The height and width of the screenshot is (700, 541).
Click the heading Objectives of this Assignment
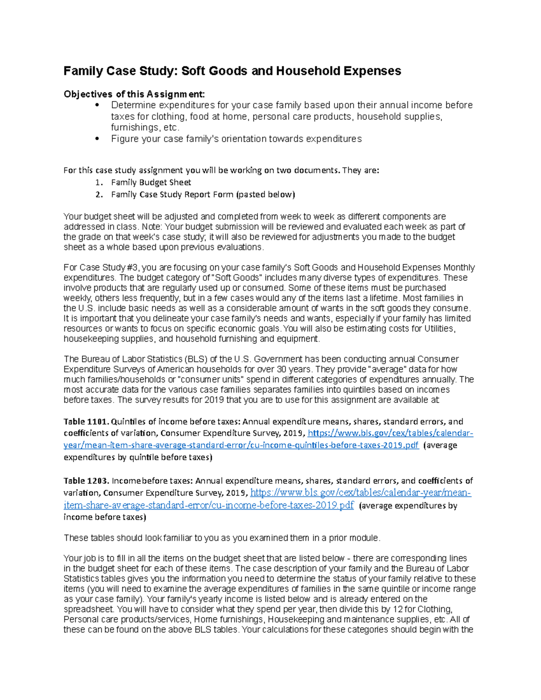(134, 94)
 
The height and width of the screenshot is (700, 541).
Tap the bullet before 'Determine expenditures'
(97, 105)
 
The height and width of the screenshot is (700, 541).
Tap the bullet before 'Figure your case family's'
(97, 139)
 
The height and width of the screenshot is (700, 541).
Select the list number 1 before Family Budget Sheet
(99, 183)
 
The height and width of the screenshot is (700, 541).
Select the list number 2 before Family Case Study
(99, 195)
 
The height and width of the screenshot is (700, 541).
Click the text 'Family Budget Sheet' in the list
(151, 183)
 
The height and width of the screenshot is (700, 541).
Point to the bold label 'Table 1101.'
(86, 422)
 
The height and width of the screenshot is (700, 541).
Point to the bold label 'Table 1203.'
(86, 481)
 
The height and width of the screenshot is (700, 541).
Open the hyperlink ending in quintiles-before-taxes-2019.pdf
(241, 445)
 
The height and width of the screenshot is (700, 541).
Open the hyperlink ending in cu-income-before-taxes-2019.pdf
(209, 505)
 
